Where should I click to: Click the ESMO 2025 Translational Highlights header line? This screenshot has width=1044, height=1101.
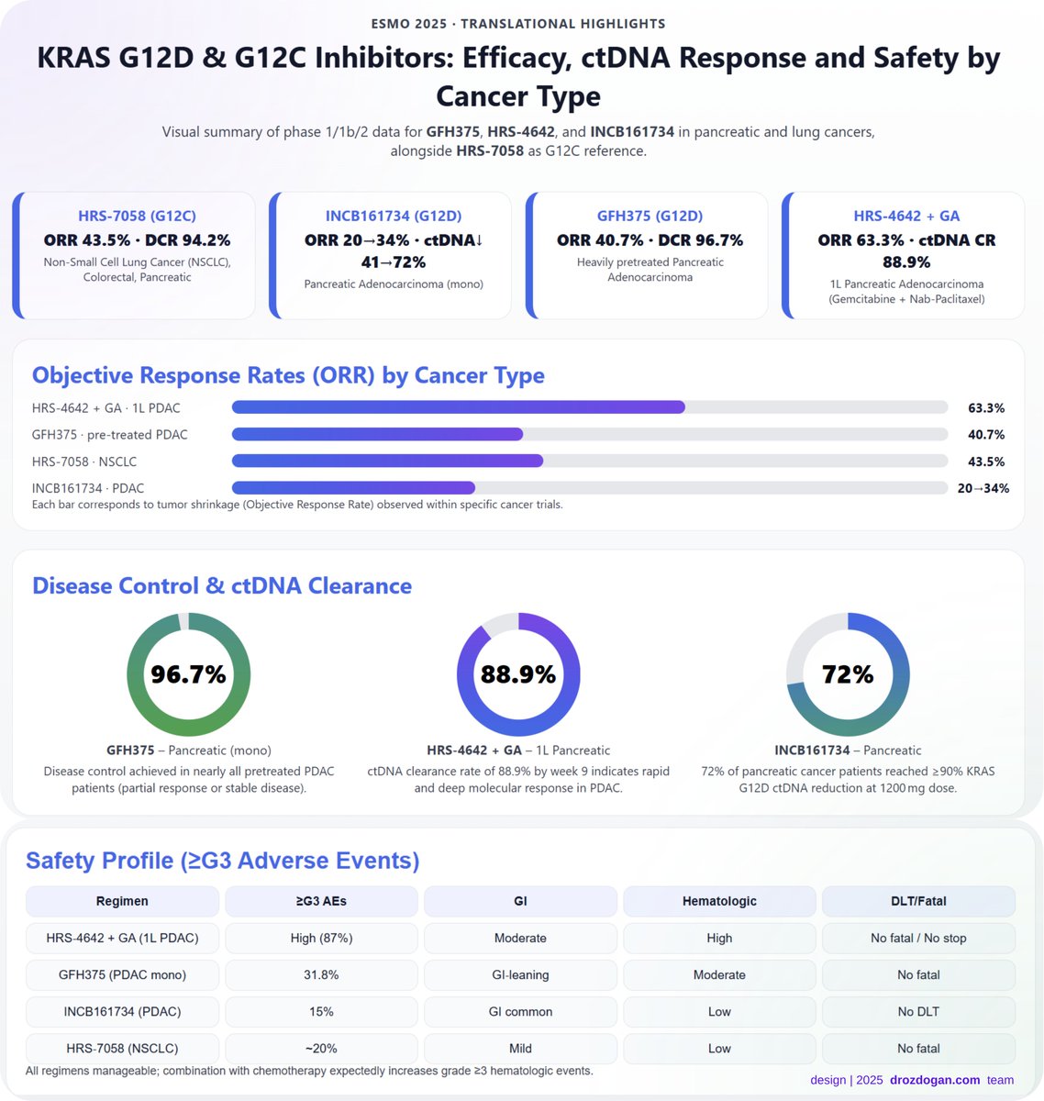[518, 24]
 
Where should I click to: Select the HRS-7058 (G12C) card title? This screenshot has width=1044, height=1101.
[137, 216]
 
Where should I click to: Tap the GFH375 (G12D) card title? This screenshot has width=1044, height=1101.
[650, 216]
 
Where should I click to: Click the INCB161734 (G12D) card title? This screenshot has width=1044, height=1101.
[394, 216]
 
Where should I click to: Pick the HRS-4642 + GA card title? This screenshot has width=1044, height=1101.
[905, 216]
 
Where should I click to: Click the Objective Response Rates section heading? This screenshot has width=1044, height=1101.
[288, 375]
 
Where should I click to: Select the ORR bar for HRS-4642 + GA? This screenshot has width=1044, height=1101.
[458, 407]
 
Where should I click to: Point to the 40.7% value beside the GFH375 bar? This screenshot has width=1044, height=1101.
[985, 434]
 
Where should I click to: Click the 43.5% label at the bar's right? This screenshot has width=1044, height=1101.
[985, 462]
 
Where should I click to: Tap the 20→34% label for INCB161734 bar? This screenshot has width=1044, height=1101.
[983, 488]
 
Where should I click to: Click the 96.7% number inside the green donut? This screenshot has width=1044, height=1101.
[188, 674]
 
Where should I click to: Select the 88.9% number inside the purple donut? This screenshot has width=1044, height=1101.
[518, 674]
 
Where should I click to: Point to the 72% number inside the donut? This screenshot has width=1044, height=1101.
[848, 674]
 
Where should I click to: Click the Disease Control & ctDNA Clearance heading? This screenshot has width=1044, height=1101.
[222, 585]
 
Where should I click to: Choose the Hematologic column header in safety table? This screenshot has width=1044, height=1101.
[719, 901]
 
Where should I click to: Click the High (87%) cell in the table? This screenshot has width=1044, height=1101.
[321, 938]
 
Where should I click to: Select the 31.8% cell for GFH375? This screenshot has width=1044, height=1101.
[321, 974]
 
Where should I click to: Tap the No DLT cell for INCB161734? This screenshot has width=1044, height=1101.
[918, 1011]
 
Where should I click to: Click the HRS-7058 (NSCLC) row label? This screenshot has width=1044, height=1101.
[122, 1048]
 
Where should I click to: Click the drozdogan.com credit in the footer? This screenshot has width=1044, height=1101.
[934, 1080]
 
